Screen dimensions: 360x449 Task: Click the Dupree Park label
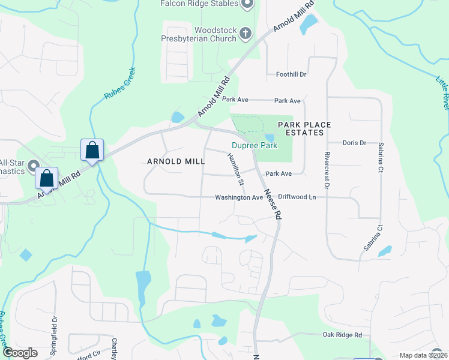pyautogui.click(x=255, y=145)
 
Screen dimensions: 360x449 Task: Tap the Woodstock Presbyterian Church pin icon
pyautogui.click(x=245, y=34)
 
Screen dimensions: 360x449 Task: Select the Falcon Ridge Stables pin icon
pyautogui.click(x=246, y=4)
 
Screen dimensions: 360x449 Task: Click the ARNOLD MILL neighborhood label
pyautogui.click(x=176, y=161)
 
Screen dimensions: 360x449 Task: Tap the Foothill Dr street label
pyautogui.click(x=291, y=74)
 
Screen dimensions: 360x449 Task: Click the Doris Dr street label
pyautogui.click(x=354, y=143)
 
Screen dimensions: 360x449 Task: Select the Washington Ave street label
pyautogui.click(x=239, y=197)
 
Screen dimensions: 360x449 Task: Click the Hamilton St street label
pyautogui.click(x=236, y=169)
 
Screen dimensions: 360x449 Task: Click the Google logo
pyautogui.click(x=20, y=353)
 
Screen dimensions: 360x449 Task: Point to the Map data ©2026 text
pyautogui.click(x=423, y=355)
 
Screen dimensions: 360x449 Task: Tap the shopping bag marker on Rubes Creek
pyautogui.click(x=92, y=150)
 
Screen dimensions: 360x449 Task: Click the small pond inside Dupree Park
pyautogui.click(x=269, y=139)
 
